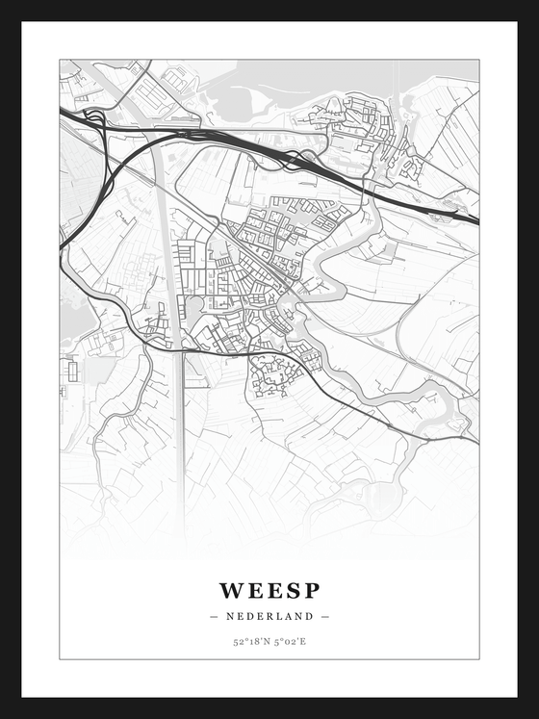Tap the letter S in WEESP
[x=292, y=590]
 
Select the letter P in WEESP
[x=311, y=590]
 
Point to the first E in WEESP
[x=253, y=590]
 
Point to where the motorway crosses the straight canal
[x=160, y=136]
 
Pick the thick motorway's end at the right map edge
[x=475, y=220]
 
